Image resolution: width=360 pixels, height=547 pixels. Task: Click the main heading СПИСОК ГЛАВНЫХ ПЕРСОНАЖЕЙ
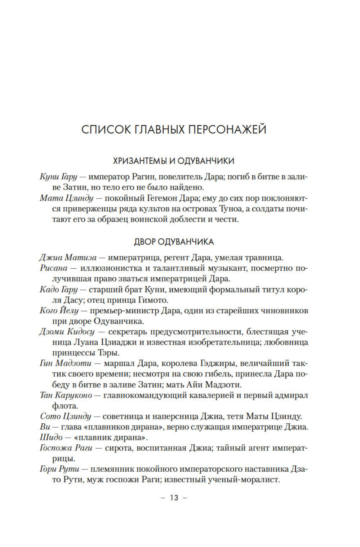(174, 129)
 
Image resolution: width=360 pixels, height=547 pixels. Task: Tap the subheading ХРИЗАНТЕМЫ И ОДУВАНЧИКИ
(174, 161)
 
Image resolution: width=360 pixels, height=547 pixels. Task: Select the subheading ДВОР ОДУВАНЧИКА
(174, 242)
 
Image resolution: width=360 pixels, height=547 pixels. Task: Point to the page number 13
(174, 498)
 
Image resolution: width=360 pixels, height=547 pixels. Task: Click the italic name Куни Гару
(58, 177)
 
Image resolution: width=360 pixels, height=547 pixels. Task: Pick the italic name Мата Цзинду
(66, 198)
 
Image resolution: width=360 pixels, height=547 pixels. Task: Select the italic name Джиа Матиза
(68, 258)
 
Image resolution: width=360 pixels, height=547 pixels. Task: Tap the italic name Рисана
(54, 268)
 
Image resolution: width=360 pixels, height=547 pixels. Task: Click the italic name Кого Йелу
(59, 310)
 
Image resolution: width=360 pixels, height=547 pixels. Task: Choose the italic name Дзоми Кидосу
(67, 332)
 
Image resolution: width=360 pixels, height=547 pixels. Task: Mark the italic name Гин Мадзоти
(65, 363)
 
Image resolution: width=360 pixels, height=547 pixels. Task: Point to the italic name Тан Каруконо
(66, 395)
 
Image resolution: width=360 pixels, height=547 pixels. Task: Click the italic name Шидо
(51, 438)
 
